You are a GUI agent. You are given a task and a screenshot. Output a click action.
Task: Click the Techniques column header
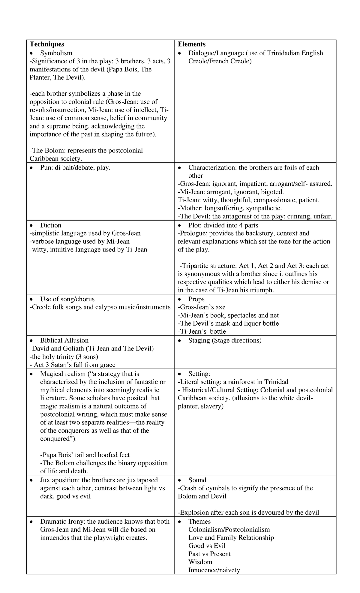click(47, 44)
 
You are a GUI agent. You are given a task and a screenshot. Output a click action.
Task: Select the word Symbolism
click(56, 53)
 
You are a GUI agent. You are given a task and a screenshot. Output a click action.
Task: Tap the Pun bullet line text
click(75, 167)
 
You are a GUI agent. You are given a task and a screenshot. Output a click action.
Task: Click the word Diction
click(51, 225)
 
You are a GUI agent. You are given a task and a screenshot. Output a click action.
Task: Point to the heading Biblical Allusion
click(64, 340)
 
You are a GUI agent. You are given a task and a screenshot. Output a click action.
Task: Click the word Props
click(196, 299)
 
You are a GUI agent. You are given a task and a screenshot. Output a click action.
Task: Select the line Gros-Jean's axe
click(202, 307)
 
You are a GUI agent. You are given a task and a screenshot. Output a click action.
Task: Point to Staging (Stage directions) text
click(225, 340)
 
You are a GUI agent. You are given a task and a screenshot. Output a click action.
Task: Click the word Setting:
click(199, 374)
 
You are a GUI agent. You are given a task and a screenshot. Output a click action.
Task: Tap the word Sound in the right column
click(197, 480)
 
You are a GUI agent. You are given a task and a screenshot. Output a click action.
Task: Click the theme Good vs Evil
click(207, 546)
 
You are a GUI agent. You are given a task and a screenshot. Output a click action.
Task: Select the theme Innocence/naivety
click(214, 570)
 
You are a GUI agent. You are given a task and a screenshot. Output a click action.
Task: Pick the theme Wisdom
click(200, 562)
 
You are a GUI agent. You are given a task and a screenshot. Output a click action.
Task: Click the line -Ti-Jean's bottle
click(202, 331)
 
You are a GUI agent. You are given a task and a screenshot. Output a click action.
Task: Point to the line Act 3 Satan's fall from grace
click(73, 365)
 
